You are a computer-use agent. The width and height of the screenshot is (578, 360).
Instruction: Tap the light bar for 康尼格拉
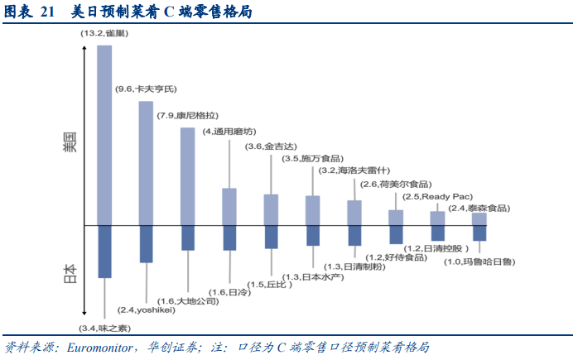(x=188, y=176)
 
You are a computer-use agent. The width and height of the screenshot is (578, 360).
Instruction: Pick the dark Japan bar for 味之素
(x=104, y=252)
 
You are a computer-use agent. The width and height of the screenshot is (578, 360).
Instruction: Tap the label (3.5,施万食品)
(x=311, y=159)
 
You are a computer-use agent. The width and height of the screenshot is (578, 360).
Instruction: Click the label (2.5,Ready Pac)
(x=436, y=197)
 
